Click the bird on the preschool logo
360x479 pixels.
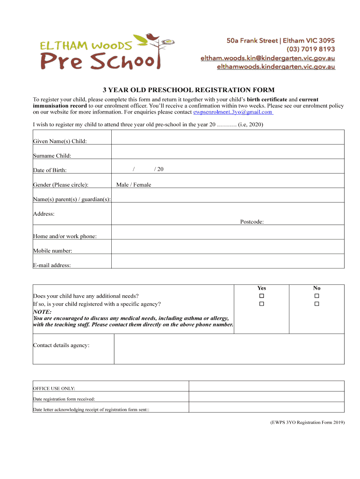point(152,37)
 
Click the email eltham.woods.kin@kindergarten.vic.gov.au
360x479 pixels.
point(267,58)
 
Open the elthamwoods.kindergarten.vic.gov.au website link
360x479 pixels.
point(276,67)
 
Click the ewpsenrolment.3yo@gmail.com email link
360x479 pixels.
point(233,112)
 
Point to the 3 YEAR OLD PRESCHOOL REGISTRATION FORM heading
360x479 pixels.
point(189,90)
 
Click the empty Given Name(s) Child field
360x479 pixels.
point(228,137)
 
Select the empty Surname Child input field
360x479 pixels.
point(228,152)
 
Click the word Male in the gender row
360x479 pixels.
point(122,185)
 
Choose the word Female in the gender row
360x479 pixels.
point(142,185)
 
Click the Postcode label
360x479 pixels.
point(252,222)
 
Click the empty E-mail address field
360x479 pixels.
point(228,261)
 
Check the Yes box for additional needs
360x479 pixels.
point(262,296)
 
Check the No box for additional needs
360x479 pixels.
point(317,296)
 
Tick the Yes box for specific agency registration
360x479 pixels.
point(262,304)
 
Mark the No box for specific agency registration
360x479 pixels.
point(317,304)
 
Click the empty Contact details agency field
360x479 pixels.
point(229,349)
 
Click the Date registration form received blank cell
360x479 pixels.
point(266,396)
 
